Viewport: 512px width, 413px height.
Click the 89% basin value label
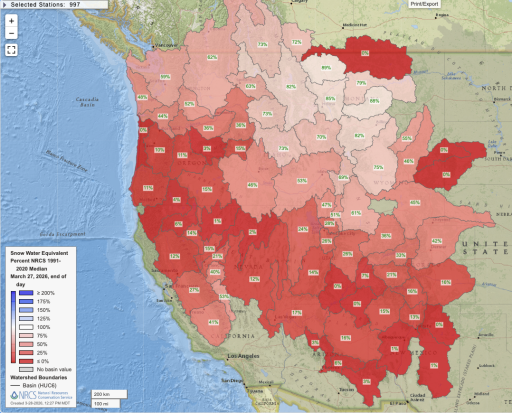[326, 67]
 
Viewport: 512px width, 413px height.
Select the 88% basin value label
[375, 101]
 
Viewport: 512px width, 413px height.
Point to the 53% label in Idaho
[301, 180]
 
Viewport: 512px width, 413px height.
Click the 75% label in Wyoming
[378, 167]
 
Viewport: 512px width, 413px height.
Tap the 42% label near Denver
[436, 241]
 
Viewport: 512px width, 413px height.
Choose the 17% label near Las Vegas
[297, 312]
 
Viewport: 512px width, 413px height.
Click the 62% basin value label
[212, 57]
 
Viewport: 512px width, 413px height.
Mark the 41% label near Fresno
[213, 322]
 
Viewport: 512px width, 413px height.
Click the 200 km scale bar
[109, 394]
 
